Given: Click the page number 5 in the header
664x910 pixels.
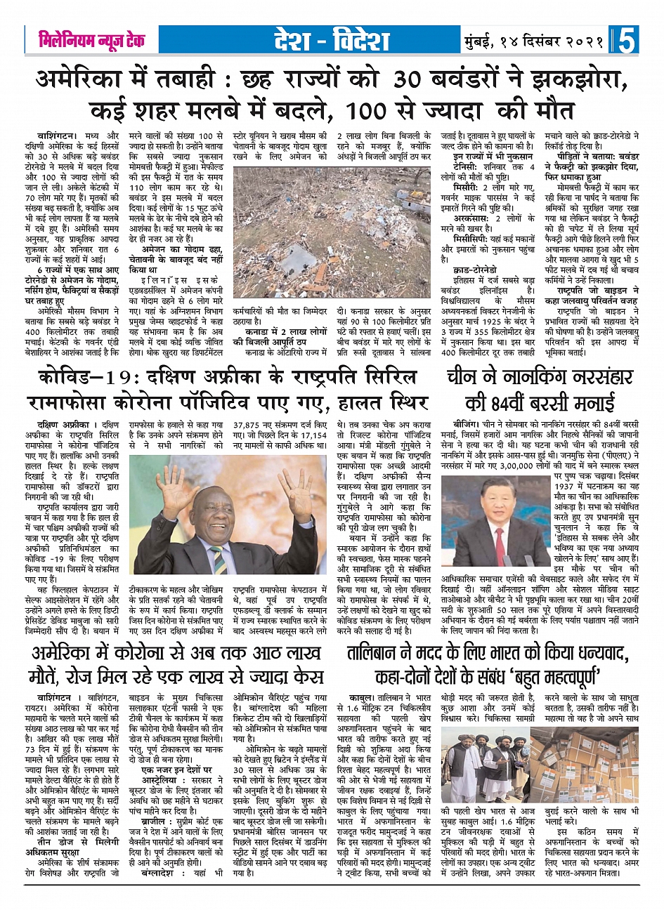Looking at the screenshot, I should [x=627, y=40].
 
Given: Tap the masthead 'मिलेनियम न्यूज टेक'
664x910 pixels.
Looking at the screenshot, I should [x=92, y=41].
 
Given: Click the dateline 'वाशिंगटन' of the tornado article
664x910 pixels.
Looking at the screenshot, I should [x=58, y=135].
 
